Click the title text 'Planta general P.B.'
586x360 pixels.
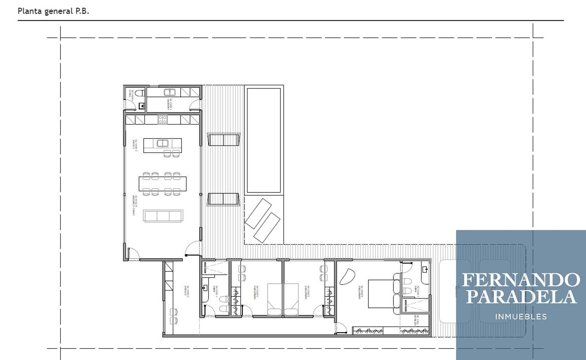click(53, 11)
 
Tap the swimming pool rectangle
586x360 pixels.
click(264, 140)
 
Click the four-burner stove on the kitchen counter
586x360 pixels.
click(162, 119)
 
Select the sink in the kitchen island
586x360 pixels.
click(162, 143)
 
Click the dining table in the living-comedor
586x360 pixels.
click(162, 184)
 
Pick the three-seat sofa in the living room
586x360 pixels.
click(163, 216)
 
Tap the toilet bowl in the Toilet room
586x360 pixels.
click(141, 93)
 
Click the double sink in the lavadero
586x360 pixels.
click(170, 92)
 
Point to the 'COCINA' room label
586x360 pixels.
click(134, 146)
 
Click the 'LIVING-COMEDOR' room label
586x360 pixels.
click(134, 205)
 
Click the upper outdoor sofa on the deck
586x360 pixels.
click(223, 140)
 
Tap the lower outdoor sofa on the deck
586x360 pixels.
click(223, 199)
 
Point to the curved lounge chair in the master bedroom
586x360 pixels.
click(347, 276)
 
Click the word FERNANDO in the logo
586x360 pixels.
click(521, 280)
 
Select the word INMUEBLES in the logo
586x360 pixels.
click(521, 317)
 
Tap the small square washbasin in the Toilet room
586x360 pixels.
click(142, 106)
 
